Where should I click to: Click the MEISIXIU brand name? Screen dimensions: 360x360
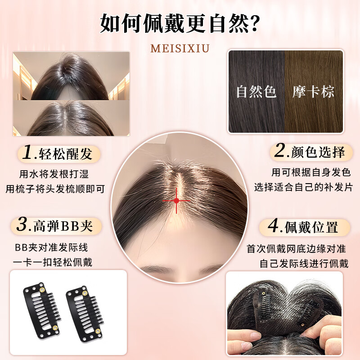point(180,48)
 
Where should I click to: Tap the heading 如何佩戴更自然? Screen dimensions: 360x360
point(180,22)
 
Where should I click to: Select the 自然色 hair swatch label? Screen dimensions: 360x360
point(256,91)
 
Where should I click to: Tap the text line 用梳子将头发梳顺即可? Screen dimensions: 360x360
point(55,189)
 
